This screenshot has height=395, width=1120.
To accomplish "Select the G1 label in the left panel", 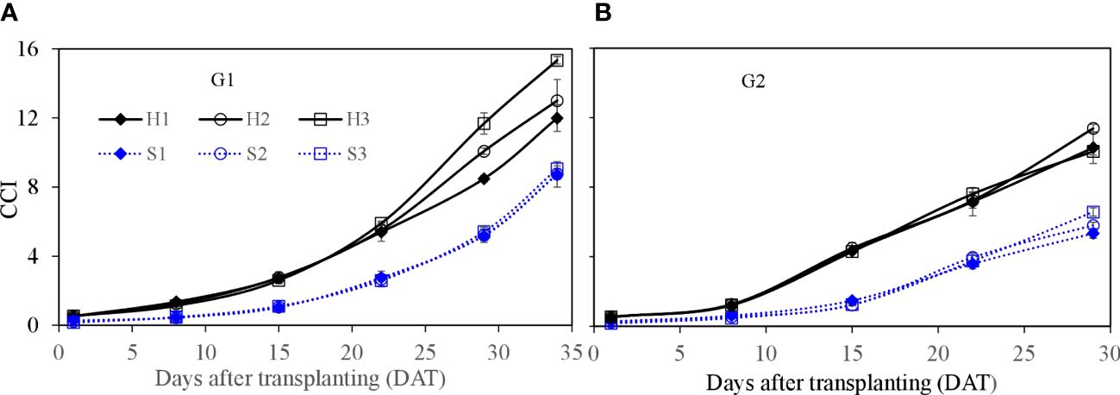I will point(223,80).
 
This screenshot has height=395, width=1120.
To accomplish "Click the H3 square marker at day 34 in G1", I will point(557,60).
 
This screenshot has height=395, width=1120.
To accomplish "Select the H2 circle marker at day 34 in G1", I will point(557,101).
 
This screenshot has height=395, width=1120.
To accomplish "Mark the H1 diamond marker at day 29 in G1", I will point(484,179).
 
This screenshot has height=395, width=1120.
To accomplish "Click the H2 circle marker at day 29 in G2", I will point(1093,129).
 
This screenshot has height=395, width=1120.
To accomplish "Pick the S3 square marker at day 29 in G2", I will point(1093,212).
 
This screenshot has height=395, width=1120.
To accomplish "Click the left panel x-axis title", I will point(300,378).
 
